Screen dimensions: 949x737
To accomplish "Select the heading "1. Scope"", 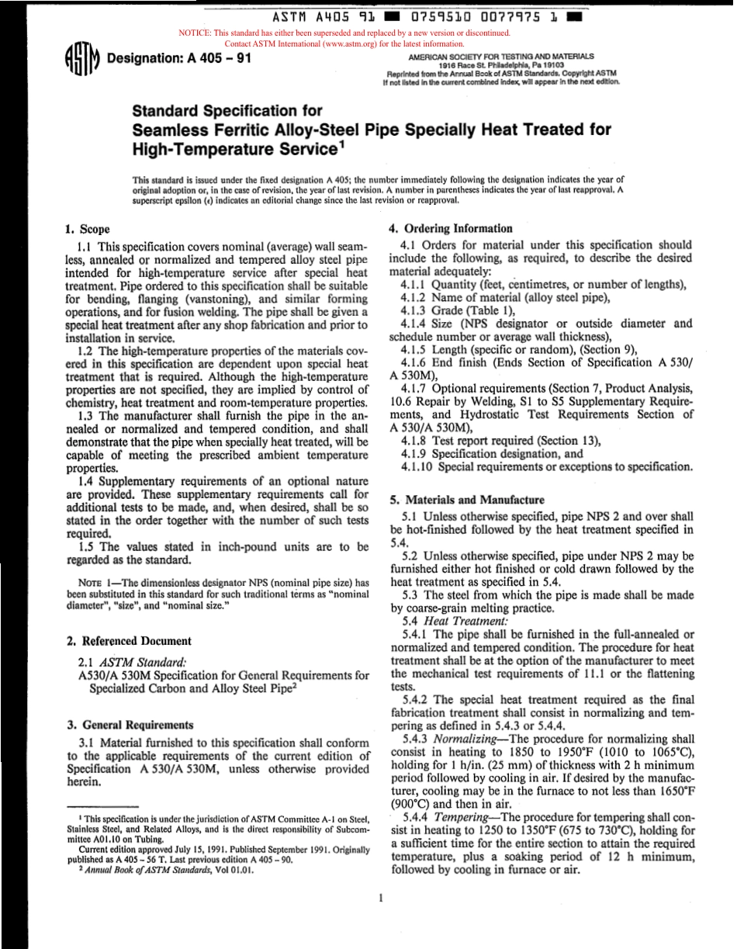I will point(88,230).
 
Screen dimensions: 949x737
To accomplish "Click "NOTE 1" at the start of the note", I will point(97,582).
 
